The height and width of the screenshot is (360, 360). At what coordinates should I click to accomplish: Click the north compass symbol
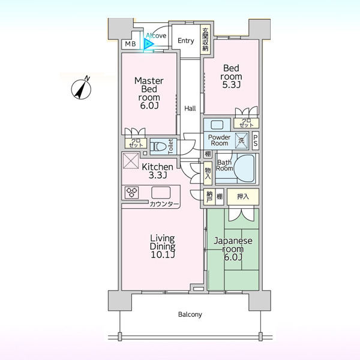(x=81, y=88)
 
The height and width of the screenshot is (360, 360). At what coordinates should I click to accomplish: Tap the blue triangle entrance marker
(x=149, y=44)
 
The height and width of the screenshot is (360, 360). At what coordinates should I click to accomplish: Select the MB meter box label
(x=130, y=44)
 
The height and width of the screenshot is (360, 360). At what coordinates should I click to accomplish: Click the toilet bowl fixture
(x=158, y=146)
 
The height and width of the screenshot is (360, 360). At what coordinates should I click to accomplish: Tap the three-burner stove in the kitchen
(x=132, y=193)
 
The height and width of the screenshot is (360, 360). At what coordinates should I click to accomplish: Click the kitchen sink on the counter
(x=161, y=193)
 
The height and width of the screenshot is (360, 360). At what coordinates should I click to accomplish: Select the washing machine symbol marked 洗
(x=241, y=140)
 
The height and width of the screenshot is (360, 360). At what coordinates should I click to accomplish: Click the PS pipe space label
(x=256, y=140)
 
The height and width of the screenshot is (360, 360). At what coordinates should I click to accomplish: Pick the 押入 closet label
(x=243, y=197)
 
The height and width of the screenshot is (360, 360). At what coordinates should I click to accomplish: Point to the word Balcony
(x=190, y=314)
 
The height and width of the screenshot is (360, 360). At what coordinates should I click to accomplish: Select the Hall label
(x=190, y=109)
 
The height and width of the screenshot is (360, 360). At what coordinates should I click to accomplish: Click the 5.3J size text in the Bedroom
(x=231, y=85)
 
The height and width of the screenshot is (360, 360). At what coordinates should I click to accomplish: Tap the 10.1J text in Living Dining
(x=163, y=254)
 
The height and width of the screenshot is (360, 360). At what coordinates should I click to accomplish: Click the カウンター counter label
(x=164, y=204)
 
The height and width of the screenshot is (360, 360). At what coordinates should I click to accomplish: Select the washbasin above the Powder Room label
(x=217, y=125)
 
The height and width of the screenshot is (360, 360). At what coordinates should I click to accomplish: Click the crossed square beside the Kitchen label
(x=131, y=161)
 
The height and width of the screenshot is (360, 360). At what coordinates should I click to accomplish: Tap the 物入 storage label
(x=208, y=173)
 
